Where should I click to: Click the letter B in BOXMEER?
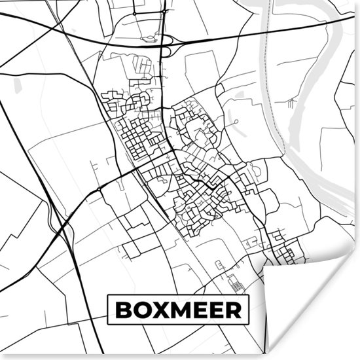tap(123, 310)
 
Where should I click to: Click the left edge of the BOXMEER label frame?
tap(108, 310)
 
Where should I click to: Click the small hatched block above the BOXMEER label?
tap(234, 283)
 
